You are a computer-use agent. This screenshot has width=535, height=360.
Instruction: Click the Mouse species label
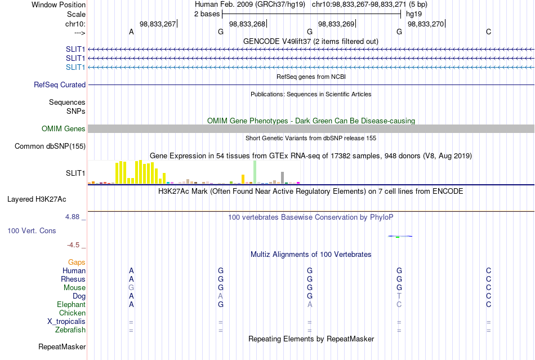click(x=74, y=288)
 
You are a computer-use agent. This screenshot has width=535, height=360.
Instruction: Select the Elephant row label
click(x=71, y=304)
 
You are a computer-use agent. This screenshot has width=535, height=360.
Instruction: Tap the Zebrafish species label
click(x=70, y=330)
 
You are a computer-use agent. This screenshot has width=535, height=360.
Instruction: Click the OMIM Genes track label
click(x=64, y=128)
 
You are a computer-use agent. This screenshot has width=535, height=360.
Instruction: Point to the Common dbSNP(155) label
click(x=50, y=146)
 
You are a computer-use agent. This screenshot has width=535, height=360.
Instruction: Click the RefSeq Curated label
click(x=60, y=85)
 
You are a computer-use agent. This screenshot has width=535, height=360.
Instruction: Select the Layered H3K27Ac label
click(x=37, y=199)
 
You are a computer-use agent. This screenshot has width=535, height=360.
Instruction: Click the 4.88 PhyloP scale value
click(x=72, y=217)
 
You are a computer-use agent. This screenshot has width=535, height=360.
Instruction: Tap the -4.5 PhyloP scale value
click(x=73, y=245)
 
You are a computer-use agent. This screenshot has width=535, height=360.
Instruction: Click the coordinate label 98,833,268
click(x=247, y=24)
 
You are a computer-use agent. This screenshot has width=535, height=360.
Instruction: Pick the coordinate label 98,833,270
click(x=426, y=24)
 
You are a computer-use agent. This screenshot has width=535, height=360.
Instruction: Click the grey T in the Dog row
click(x=399, y=296)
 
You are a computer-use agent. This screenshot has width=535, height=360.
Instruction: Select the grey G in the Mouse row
click(x=131, y=288)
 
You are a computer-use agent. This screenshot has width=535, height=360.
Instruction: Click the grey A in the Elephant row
click(x=310, y=304)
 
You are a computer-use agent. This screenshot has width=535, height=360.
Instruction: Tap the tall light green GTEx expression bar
click(x=255, y=172)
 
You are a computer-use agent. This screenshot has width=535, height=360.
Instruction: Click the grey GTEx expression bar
click(x=283, y=178)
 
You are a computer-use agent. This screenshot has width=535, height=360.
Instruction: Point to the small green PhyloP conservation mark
click(x=398, y=237)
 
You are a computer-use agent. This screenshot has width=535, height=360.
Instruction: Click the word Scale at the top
click(x=76, y=14)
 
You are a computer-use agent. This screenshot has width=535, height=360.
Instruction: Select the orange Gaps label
click(x=77, y=262)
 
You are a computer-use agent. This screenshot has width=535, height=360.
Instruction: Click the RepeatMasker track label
click(x=62, y=346)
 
